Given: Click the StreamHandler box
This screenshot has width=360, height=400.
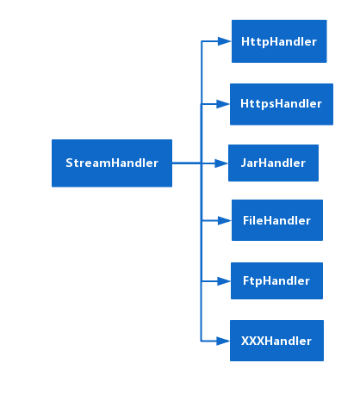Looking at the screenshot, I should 112,163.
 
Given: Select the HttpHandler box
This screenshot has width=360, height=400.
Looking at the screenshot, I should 279,41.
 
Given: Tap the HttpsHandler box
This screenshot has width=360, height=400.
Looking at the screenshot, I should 281,104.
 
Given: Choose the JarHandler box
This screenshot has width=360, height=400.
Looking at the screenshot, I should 273,163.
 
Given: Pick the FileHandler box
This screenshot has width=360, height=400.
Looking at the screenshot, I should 276,220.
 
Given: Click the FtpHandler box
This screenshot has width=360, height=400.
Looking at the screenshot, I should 276,280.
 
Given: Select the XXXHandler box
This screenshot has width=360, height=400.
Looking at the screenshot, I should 276,341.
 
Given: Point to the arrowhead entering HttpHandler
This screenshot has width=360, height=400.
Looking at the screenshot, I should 224,41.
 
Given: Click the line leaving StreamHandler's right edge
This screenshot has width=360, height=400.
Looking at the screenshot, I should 185,163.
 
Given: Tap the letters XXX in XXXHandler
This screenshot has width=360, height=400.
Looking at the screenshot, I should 252,341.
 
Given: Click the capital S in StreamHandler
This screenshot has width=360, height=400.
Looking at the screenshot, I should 69,163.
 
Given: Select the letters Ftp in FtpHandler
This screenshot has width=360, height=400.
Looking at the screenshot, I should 252,280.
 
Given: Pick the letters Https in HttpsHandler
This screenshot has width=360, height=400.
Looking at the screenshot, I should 256,104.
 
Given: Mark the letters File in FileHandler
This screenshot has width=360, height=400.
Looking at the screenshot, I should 253,220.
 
